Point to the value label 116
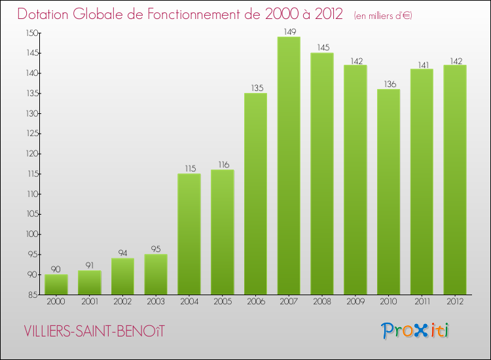[x=223, y=164]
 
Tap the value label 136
[x=388, y=83]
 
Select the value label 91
[x=90, y=264]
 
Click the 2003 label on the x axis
[x=156, y=302]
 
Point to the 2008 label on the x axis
[x=322, y=302]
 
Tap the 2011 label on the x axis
[x=422, y=302]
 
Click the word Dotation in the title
[x=46, y=14]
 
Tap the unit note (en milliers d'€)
[x=383, y=16]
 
